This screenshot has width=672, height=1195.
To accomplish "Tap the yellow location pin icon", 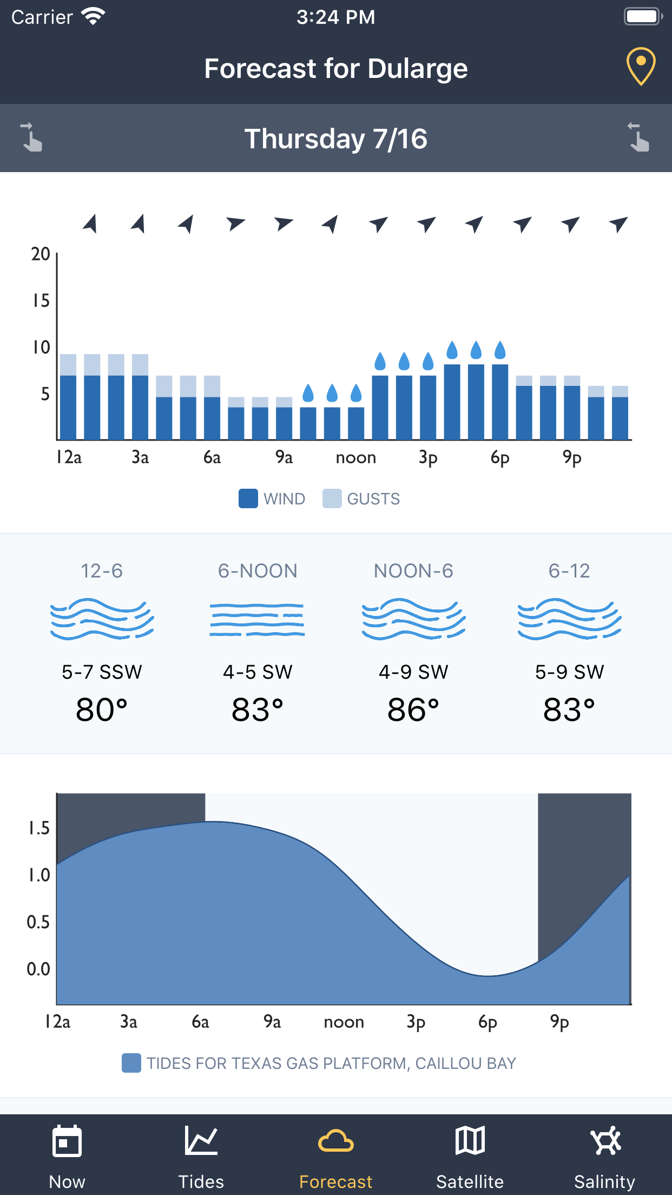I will click(x=641, y=67).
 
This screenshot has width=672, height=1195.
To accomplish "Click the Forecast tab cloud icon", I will click(x=335, y=1142).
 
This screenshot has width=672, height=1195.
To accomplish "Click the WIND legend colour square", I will click(x=248, y=498).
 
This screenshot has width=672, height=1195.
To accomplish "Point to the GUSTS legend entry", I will click(x=361, y=498).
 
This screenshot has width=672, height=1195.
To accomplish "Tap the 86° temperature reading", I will click(x=413, y=710).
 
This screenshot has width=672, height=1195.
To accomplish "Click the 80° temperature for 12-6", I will click(x=102, y=710).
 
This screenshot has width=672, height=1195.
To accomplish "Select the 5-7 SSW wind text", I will click(x=102, y=672).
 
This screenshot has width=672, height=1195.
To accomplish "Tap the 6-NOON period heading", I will click(x=258, y=571).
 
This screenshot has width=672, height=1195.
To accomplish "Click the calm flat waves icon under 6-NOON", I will click(x=258, y=620).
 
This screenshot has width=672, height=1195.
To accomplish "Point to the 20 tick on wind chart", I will click(x=41, y=254).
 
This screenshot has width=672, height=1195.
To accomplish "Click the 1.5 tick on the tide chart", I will click(x=39, y=828).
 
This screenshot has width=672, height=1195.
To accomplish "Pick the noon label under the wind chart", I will click(x=355, y=458).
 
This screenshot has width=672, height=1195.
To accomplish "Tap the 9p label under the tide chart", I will click(x=559, y=1022).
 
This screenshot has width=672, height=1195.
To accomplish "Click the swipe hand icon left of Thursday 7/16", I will click(x=31, y=137).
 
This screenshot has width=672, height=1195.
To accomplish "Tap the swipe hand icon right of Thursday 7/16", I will click(x=639, y=137).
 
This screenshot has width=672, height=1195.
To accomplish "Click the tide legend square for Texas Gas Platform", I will click(x=131, y=1063).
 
